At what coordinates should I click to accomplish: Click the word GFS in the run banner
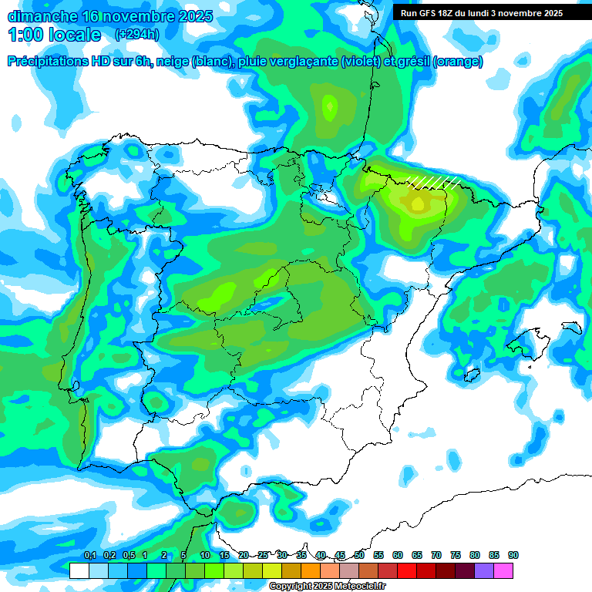[x=429, y=13]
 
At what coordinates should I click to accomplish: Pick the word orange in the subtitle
[x=457, y=62]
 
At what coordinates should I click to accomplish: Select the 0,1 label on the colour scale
[x=89, y=555]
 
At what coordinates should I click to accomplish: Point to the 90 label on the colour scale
[x=513, y=555]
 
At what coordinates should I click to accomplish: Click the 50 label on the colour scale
[x=359, y=555]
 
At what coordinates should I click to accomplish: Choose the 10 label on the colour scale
[x=205, y=555]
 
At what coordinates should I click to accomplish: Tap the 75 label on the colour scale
[x=456, y=555]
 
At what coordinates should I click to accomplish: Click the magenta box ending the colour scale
[x=504, y=570]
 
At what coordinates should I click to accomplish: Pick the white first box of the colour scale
[x=79, y=570]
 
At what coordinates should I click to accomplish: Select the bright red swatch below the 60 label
[x=407, y=570]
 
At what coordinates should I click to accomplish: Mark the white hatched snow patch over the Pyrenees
[x=434, y=182]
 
